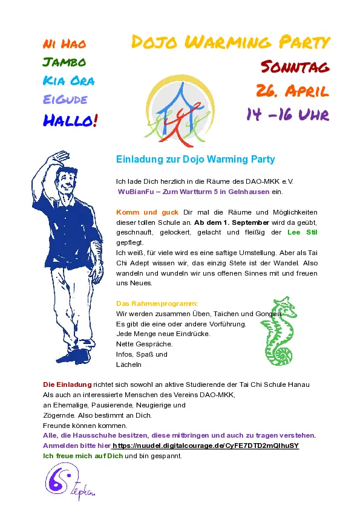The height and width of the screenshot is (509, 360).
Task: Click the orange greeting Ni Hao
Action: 64,44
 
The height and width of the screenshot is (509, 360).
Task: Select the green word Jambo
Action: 64,62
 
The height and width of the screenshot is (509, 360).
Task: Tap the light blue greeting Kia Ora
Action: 68,81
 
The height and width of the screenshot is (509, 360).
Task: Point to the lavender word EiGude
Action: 65,100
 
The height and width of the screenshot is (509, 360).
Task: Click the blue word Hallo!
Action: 70,120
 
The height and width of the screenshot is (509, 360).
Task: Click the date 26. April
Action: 292,91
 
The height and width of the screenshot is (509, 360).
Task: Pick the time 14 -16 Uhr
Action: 287,114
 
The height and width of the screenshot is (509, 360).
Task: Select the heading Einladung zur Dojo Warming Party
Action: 195,160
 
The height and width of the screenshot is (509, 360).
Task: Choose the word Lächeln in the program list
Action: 128,365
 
